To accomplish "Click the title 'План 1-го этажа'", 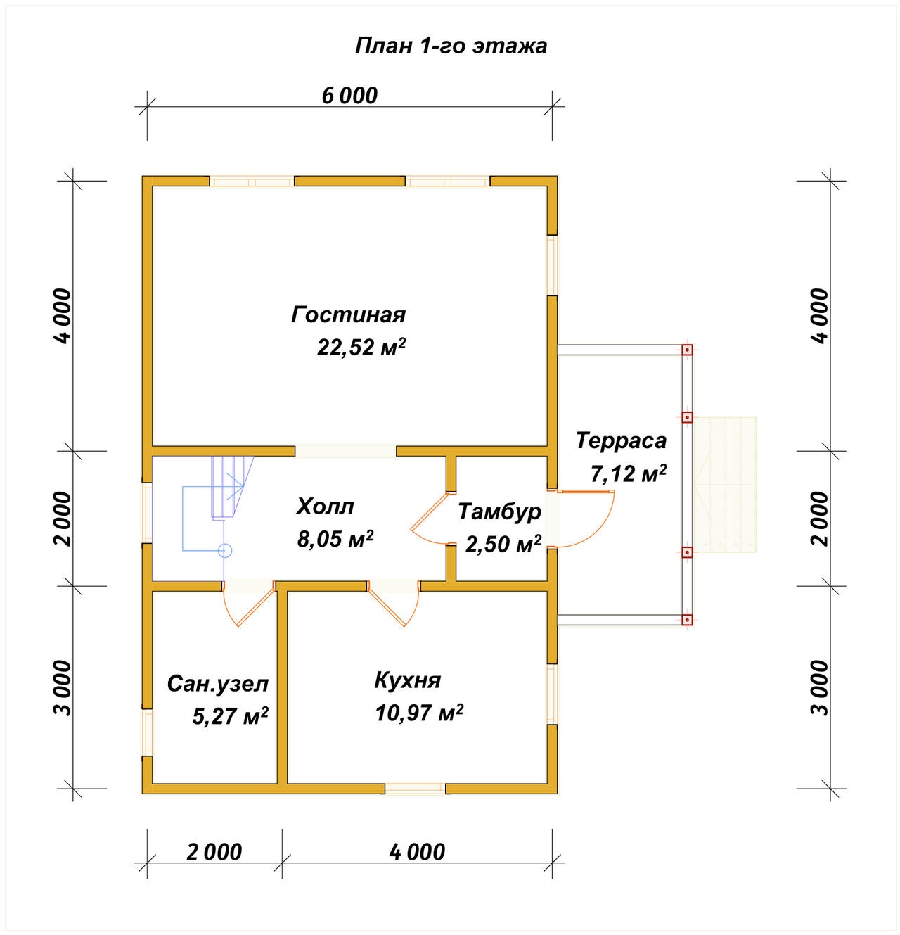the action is pyautogui.click(x=451, y=46).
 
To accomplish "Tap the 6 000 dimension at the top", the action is pyautogui.click(x=349, y=96).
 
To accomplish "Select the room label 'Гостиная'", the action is pyautogui.click(x=349, y=315).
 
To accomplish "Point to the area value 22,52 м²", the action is pyautogui.click(x=361, y=347).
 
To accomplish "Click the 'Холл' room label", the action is pyautogui.click(x=325, y=507).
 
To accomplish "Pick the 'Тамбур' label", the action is pyautogui.click(x=499, y=512).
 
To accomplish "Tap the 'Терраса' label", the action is pyautogui.click(x=622, y=440).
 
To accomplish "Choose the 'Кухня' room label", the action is pyautogui.click(x=407, y=681).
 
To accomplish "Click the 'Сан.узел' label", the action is pyautogui.click(x=218, y=685).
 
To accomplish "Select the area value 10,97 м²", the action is pyautogui.click(x=419, y=713).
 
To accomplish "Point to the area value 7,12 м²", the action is pyautogui.click(x=628, y=474).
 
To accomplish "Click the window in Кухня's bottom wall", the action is pyautogui.click(x=416, y=789).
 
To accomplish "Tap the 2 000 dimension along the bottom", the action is pyautogui.click(x=214, y=853).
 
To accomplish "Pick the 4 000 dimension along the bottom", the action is pyautogui.click(x=417, y=853).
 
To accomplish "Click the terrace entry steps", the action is pyautogui.click(x=724, y=484).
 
